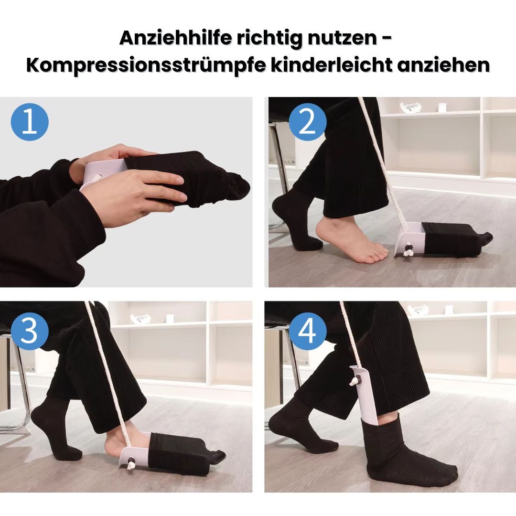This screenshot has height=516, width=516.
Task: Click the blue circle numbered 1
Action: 30,122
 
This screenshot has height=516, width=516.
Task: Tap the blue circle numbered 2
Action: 307,122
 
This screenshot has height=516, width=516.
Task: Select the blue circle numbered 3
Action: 30,331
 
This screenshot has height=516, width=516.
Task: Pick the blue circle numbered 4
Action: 307,331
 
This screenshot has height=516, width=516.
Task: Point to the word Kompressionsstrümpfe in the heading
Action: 145,64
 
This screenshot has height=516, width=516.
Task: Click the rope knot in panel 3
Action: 130,461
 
